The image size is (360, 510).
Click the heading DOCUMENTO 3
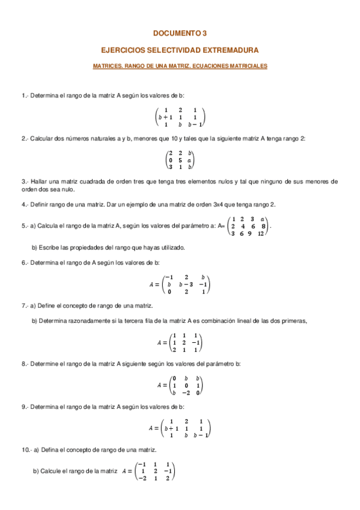point(180,34)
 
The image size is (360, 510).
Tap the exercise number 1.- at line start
point(25,96)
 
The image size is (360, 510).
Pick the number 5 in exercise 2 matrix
point(180,161)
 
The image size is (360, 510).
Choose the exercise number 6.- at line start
point(25,263)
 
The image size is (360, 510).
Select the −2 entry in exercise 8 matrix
point(186,393)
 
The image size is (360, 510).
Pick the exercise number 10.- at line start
point(26,450)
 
